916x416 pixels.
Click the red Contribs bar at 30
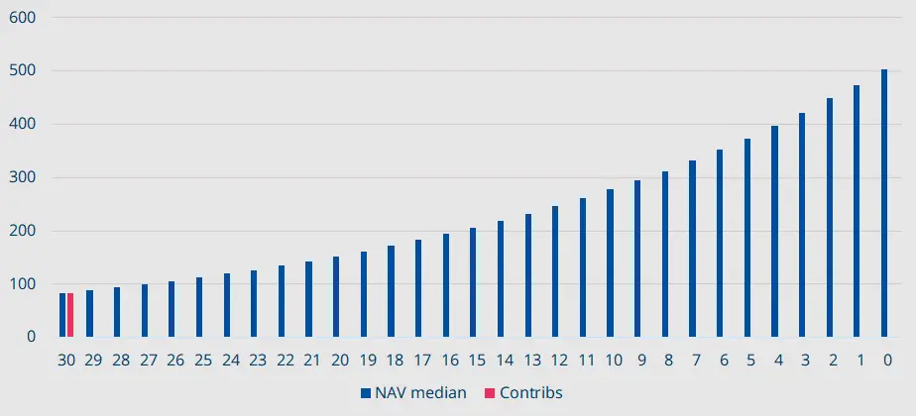click(x=70, y=315)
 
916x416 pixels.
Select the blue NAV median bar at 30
click(x=62, y=315)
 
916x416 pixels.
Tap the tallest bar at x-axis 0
click(x=884, y=203)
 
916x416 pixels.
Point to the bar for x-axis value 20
click(x=336, y=296)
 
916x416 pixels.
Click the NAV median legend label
click(x=420, y=393)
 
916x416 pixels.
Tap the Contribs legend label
click(x=530, y=393)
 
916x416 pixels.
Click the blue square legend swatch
click(x=366, y=393)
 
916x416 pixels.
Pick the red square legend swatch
click(x=490, y=393)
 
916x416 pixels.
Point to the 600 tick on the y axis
click(x=23, y=18)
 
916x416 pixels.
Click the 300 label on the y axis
click(x=23, y=177)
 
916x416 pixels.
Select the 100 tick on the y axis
click(x=23, y=284)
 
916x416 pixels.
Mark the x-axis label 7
click(x=693, y=361)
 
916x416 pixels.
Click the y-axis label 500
click(x=23, y=71)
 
